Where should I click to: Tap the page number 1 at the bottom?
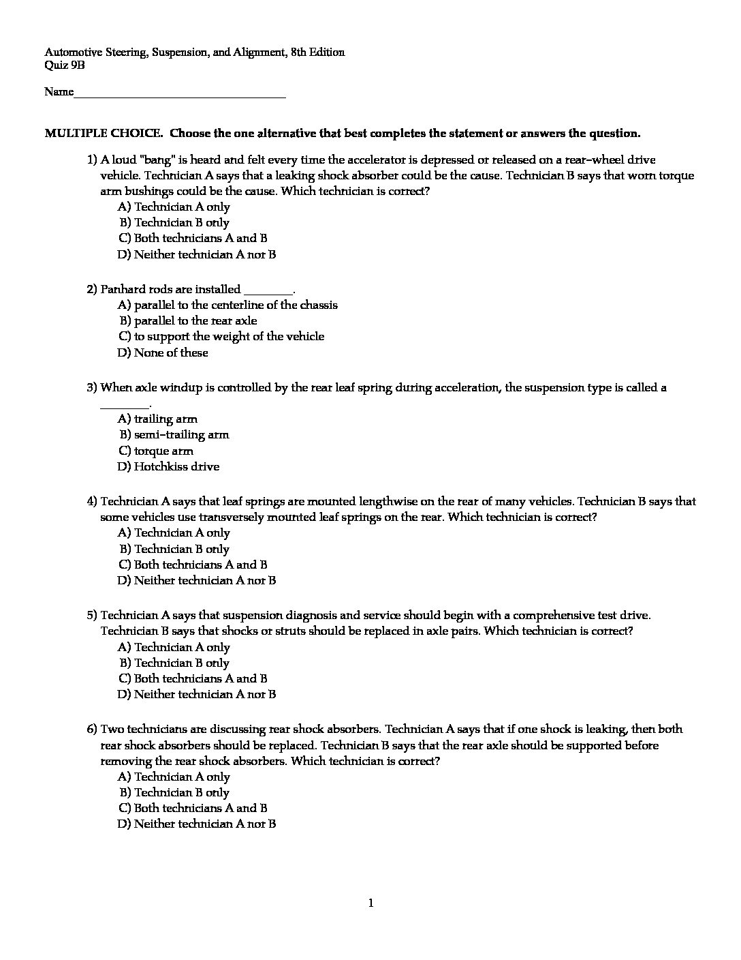coord(370,903)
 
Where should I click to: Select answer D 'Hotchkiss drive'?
coord(176,466)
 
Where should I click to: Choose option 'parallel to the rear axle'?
coord(195,320)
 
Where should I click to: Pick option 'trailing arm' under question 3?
coord(165,419)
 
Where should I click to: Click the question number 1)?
coord(93,160)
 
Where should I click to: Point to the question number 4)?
coord(93,501)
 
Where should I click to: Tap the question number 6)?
coord(93,729)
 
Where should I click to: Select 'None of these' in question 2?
coord(171,352)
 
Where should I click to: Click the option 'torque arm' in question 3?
coord(163,451)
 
